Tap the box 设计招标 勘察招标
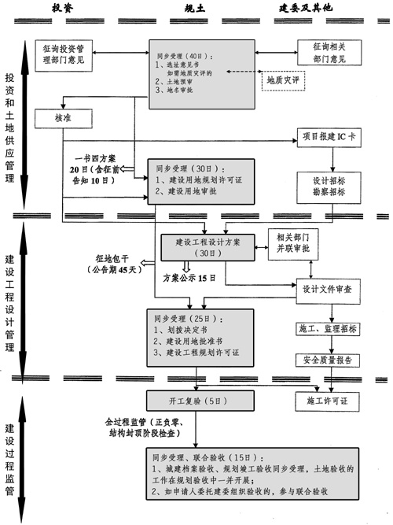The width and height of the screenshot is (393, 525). [x=324, y=184]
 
